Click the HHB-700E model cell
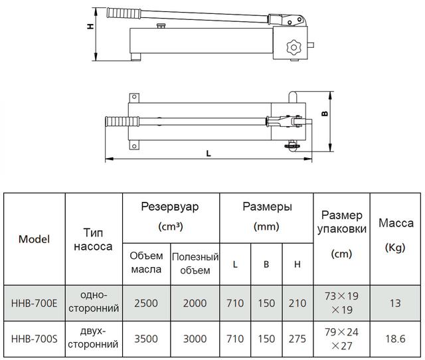click(34, 303)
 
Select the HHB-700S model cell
click(34, 339)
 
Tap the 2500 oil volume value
click(146, 303)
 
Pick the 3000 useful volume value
click(195, 339)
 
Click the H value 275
click(297, 339)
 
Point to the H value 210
click(297, 303)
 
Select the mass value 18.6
click(395, 339)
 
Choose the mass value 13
click(395, 303)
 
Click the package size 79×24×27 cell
click(341, 339)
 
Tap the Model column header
click(34, 239)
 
